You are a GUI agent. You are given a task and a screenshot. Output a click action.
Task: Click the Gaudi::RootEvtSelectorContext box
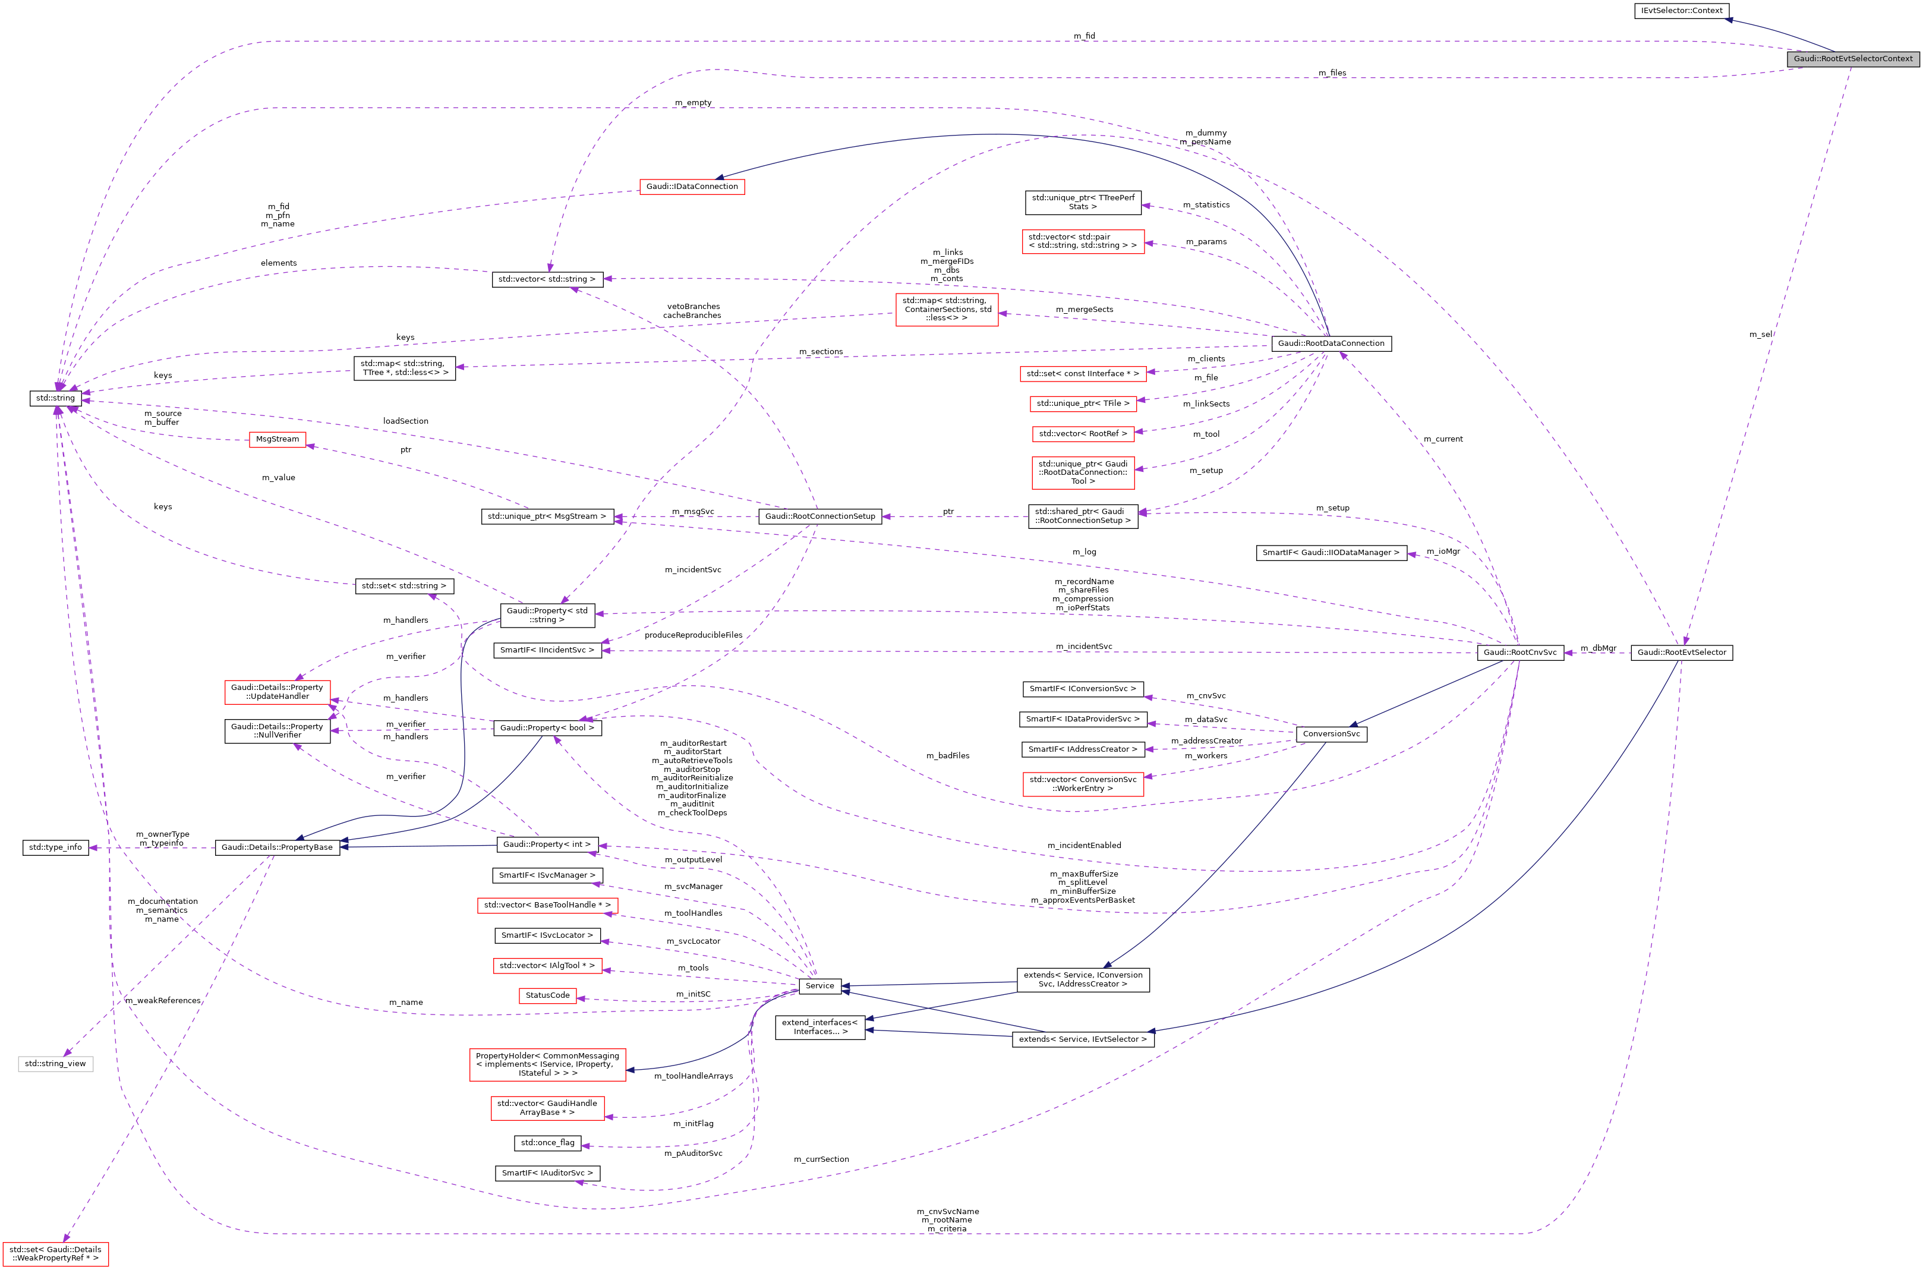(x=1852, y=58)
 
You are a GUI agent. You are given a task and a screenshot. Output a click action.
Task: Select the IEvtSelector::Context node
(x=1682, y=11)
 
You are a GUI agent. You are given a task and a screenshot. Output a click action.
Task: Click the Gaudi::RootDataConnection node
(x=1331, y=344)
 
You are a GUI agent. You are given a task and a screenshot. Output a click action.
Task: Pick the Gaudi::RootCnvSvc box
(x=1519, y=652)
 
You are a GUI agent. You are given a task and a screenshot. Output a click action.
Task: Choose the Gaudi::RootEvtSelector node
(x=1681, y=652)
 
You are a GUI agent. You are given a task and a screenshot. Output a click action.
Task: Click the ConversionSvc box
(x=1331, y=734)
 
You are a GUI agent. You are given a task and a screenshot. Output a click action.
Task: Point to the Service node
(x=819, y=986)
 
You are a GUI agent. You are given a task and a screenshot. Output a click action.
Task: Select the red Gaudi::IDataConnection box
(x=692, y=186)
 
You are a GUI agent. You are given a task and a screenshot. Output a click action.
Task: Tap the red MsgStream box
(x=277, y=439)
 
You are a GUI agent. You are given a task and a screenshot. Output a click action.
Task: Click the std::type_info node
(x=55, y=847)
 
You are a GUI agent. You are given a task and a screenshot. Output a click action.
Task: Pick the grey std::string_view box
(x=55, y=1063)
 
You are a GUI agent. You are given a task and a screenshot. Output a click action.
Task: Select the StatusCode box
(x=547, y=995)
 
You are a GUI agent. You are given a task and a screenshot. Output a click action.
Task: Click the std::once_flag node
(x=547, y=1143)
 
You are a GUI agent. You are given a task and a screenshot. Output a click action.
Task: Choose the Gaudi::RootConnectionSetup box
(x=819, y=516)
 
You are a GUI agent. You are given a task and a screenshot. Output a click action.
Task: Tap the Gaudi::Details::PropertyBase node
(x=277, y=847)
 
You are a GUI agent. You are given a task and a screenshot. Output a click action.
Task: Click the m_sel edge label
(x=1760, y=335)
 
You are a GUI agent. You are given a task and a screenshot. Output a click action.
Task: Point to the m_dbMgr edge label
(x=1597, y=648)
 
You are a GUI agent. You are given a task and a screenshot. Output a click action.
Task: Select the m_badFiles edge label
(x=947, y=756)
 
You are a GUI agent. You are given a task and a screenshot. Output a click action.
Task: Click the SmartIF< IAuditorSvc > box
(x=547, y=1173)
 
